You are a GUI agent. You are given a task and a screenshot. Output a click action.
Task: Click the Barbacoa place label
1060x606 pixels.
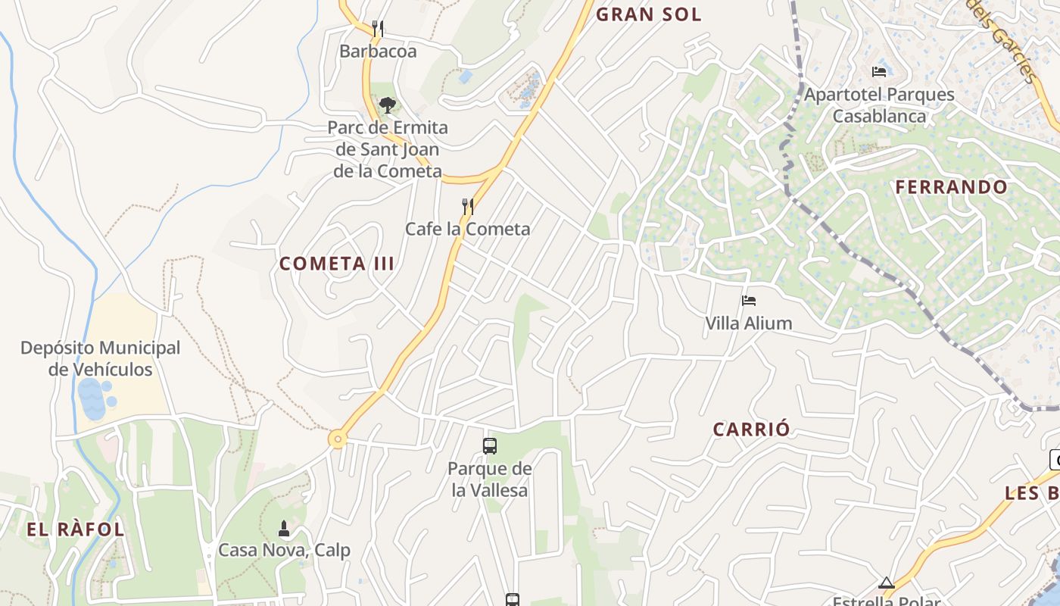pos(378,52)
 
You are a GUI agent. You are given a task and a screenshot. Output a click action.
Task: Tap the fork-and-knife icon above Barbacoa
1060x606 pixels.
pos(378,29)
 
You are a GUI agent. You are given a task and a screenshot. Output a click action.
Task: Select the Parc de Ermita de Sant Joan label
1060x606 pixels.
pos(388,149)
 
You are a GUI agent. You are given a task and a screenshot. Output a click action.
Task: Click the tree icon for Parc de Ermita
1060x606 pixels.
pos(387,105)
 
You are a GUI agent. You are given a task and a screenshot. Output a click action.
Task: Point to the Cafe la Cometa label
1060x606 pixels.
pos(467,229)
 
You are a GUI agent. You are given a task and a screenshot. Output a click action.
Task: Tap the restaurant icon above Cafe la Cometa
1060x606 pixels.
pos(468,206)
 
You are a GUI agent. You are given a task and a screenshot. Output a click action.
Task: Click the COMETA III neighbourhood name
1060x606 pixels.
pos(337,264)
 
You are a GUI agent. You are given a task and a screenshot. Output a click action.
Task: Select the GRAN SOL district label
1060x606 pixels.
pos(649,14)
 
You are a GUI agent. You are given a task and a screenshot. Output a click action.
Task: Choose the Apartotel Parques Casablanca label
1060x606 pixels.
pos(879,105)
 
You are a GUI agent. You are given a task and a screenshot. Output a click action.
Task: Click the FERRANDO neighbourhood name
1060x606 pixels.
pos(952,187)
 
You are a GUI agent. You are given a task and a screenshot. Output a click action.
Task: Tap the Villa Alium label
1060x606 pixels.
pos(748,323)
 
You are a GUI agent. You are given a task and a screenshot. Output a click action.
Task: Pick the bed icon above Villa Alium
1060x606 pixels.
pos(749,301)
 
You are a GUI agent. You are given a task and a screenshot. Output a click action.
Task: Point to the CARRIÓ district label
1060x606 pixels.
pos(751,430)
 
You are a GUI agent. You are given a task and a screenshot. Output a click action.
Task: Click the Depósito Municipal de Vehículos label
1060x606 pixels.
pos(101,359)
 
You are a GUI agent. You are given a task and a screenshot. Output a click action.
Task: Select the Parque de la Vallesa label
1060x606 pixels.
pos(490,479)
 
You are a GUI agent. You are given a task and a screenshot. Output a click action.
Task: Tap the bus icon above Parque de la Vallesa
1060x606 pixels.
pos(490,446)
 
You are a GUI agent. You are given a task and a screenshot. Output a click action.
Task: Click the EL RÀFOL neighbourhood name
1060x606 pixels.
pos(75,529)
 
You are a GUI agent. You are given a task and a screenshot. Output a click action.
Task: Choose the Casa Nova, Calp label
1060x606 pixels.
pos(284,550)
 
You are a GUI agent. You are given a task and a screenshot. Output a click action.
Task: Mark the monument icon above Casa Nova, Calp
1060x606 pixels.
pos(284,528)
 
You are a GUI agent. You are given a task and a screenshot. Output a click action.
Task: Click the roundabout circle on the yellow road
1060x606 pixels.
pos(337,439)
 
